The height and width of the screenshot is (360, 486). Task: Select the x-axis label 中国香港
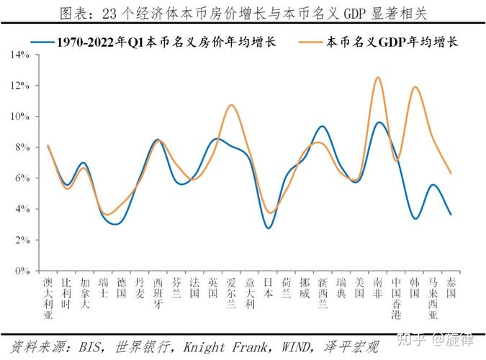tap(397, 298)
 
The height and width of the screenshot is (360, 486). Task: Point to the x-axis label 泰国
tap(451, 288)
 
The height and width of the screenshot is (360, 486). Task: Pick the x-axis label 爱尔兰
tap(231, 293)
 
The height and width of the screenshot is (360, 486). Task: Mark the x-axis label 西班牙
tap(158, 293)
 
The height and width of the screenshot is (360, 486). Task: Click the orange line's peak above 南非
tap(378, 77)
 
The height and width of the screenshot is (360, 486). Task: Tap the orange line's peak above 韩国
tap(415, 87)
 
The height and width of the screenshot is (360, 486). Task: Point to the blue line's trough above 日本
tap(269, 228)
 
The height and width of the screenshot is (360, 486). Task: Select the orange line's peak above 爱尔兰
tap(231, 105)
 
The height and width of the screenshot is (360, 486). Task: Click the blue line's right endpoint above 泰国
tap(451, 215)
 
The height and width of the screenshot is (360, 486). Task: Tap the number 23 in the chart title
tap(111, 14)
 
